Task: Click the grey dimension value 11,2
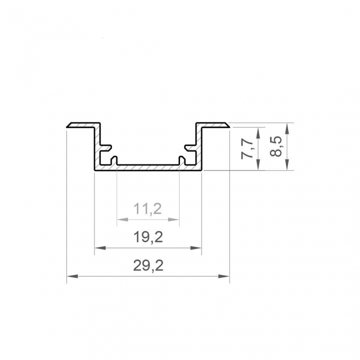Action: [148, 208]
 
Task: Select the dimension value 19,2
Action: [148, 237]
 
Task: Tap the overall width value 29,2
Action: [148, 266]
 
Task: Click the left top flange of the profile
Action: [82, 125]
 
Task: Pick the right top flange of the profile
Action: [213, 125]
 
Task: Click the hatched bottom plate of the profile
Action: [148, 168]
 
